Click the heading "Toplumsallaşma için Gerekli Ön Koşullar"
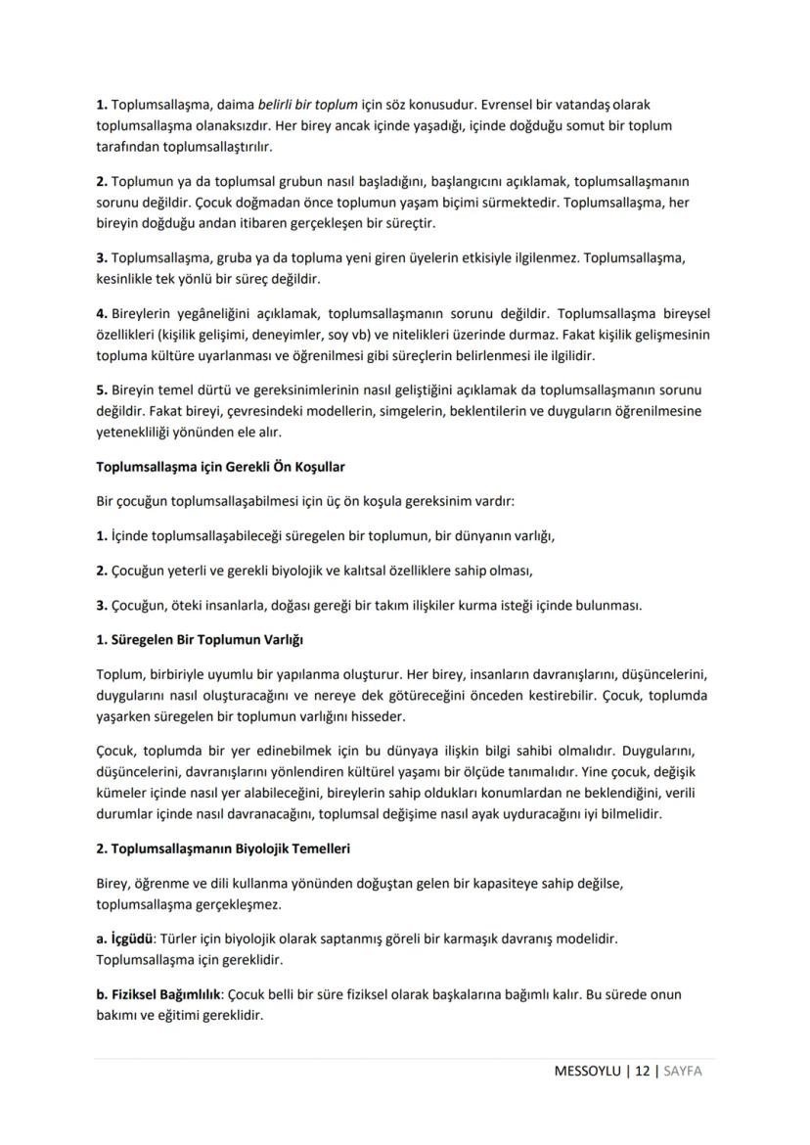[x=219, y=466]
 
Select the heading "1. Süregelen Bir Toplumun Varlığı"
[x=201, y=640]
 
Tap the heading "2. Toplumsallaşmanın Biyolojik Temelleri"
[x=223, y=847]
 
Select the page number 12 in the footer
[x=642, y=1071]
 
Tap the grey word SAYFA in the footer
[x=683, y=1071]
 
